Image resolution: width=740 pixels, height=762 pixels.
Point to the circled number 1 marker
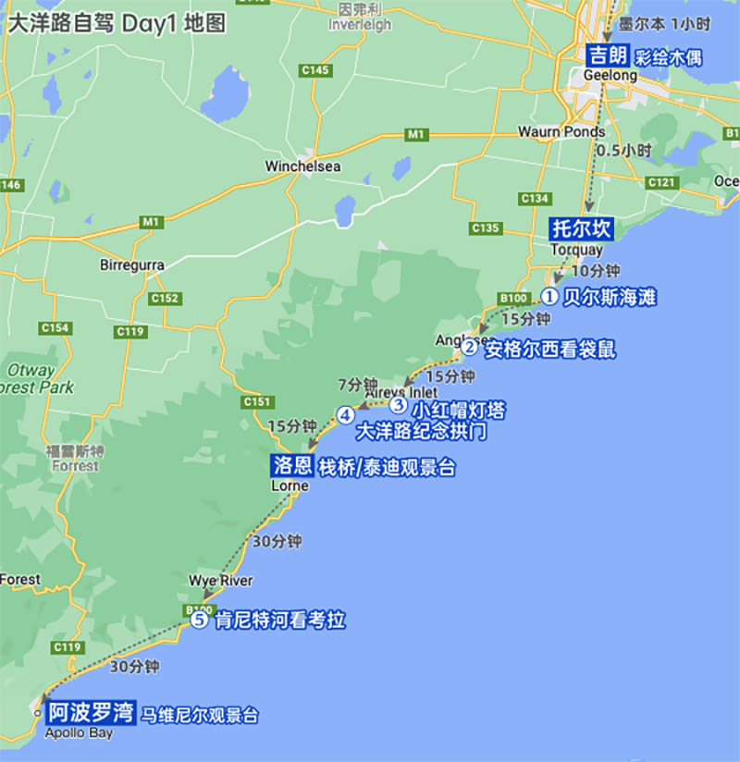pyautogui.click(x=549, y=297)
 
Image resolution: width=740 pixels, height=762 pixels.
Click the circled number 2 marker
pyautogui.click(x=471, y=349)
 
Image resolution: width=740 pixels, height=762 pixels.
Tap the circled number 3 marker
pyautogui.click(x=398, y=405)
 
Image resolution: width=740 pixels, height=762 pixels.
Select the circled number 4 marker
pyautogui.click(x=345, y=414)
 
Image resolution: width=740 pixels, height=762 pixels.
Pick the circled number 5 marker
pyautogui.click(x=200, y=621)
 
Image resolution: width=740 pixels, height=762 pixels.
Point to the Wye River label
pyautogui.click(x=220, y=581)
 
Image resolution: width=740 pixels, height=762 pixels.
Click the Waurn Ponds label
pyautogui.click(x=561, y=131)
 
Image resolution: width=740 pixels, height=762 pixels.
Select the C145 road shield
pyautogui.click(x=315, y=70)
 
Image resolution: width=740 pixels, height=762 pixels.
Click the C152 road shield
pyautogui.click(x=163, y=298)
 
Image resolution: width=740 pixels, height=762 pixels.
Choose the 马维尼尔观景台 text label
pyautogui.click(x=200, y=715)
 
